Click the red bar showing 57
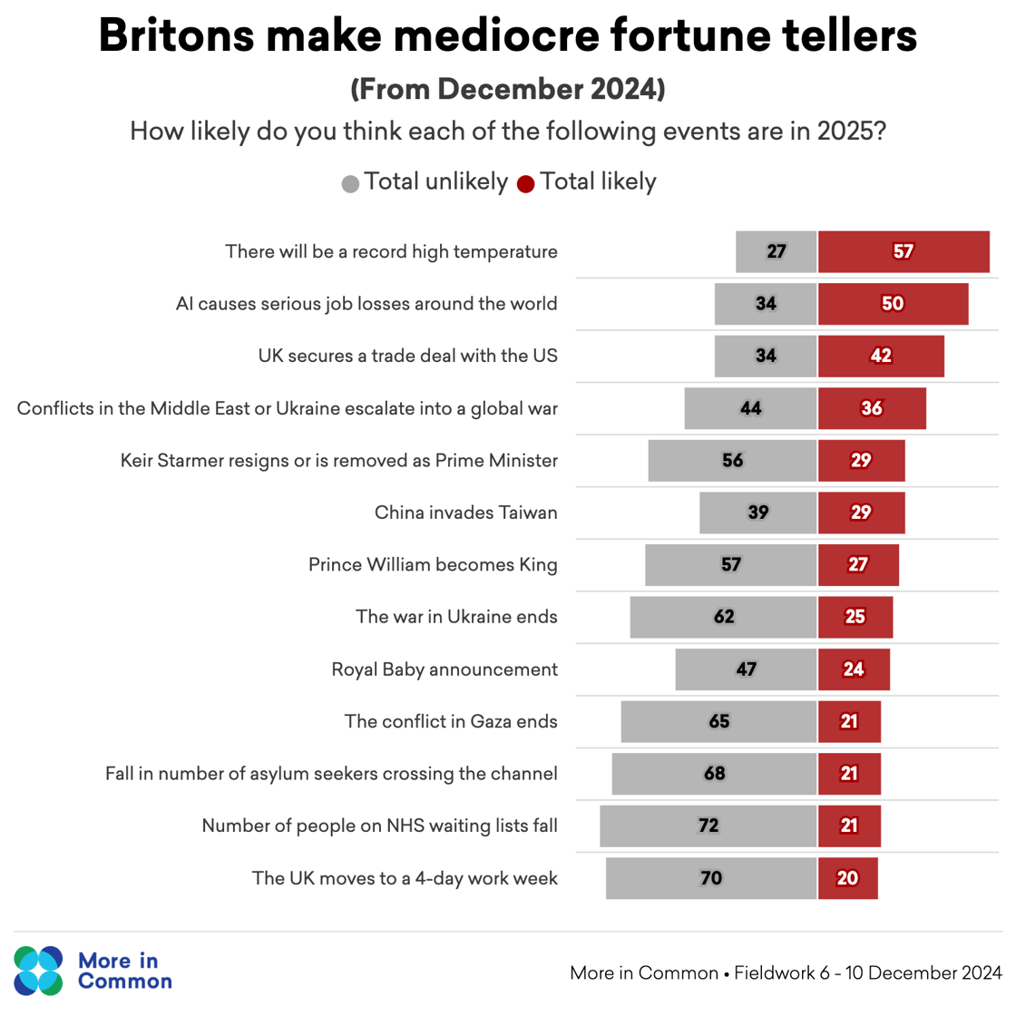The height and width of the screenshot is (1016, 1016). point(903,251)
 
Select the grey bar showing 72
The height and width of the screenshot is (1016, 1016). point(708,825)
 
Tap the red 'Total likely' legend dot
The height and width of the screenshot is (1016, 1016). point(525,184)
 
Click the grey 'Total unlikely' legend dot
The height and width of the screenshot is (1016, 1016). point(350,184)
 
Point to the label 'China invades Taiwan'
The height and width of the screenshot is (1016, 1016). point(465,513)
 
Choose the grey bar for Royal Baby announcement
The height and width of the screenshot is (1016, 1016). point(746,669)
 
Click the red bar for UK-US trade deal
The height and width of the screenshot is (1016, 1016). point(880,356)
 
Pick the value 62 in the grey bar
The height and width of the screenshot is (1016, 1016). point(724,617)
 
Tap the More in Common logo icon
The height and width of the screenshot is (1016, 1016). point(38,970)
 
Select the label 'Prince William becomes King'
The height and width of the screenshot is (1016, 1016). point(433,565)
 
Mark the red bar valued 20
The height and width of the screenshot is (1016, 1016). point(847,878)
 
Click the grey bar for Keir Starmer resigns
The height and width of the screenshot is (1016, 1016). point(732,460)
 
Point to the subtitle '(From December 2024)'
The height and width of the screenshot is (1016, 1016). point(508,89)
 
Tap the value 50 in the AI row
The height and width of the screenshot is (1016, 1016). point(893,304)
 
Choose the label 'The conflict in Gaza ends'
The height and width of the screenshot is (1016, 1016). point(451,722)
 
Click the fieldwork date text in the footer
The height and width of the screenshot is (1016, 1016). point(868,973)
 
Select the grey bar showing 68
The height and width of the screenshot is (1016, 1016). point(714,774)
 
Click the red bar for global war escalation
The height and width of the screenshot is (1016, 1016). point(871,408)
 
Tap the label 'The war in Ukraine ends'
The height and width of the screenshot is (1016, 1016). point(456,617)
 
